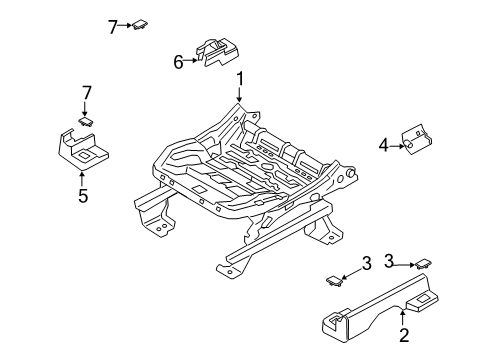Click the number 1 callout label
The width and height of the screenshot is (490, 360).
point(240,79)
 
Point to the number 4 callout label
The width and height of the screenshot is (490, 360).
point(384,145)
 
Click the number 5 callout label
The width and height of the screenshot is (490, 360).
point(83,196)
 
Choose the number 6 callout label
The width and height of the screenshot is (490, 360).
point(179,62)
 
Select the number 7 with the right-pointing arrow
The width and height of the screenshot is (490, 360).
point(112,26)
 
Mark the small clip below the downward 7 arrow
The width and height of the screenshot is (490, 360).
point(87,122)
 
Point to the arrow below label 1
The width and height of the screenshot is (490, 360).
point(240,95)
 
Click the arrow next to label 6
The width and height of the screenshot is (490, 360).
point(193,62)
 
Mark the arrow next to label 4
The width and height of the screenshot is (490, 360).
point(397,145)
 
